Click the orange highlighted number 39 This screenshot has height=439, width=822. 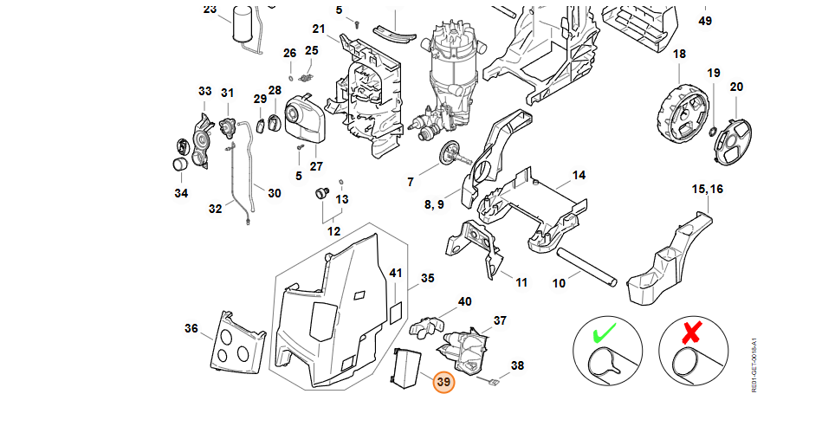443,383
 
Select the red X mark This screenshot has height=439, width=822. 692,332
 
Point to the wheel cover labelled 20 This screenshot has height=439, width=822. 733,141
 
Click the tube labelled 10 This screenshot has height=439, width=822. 587,268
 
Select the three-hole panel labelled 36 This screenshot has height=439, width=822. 237,343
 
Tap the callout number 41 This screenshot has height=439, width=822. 395,273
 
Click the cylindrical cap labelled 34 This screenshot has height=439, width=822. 180,164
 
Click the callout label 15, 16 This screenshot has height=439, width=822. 707,189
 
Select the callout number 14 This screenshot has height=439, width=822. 579,175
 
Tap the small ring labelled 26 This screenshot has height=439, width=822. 290,79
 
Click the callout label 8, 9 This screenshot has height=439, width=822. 434,204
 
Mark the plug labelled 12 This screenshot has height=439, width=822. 321,193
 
